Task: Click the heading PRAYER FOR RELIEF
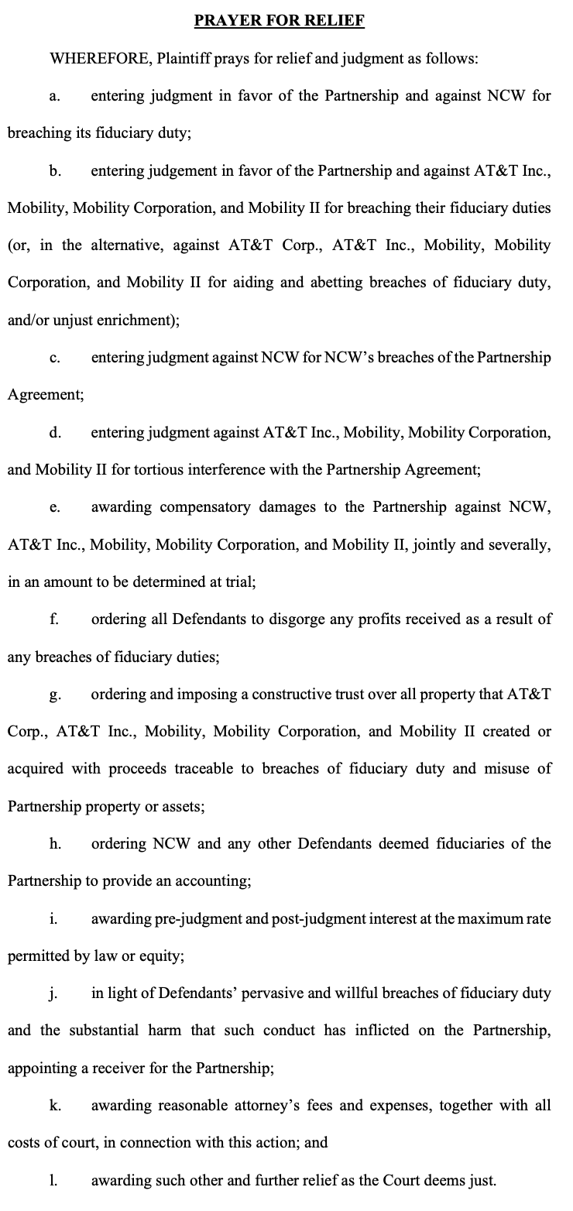(x=279, y=21)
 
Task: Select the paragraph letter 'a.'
(x=54, y=96)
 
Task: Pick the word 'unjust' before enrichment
(x=76, y=320)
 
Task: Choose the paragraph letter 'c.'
(x=54, y=357)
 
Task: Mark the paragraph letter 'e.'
(x=54, y=507)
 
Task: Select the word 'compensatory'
(x=208, y=507)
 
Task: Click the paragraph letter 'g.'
(x=54, y=694)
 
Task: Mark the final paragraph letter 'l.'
(x=53, y=1180)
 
